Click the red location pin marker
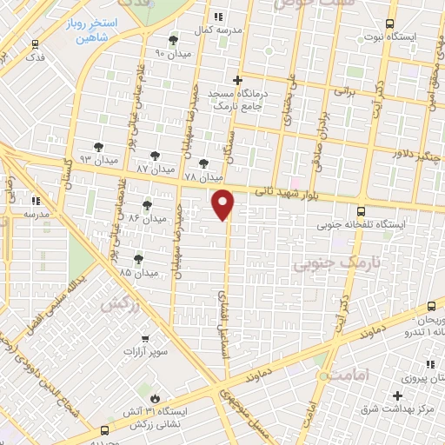[x=223, y=203]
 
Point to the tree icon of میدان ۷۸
[x=203, y=163]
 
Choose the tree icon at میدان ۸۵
[x=138, y=259]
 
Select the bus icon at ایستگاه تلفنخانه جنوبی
[x=361, y=211]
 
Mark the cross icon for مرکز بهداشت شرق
[x=396, y=395]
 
